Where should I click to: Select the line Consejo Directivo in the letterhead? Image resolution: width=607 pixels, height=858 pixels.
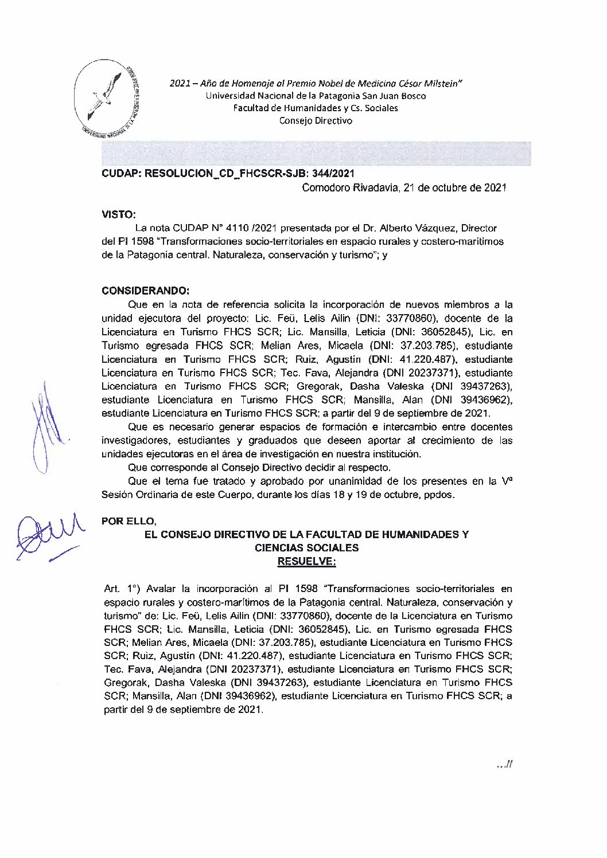click(316, 120)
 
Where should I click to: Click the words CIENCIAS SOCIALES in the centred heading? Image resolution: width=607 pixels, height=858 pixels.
click(306, 548)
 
